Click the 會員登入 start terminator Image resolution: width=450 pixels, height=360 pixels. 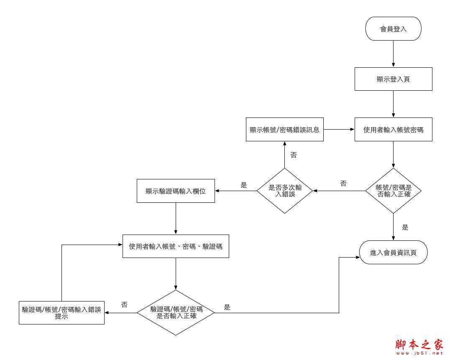[393, 29]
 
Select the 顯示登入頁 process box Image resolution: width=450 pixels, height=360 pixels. [393, 79]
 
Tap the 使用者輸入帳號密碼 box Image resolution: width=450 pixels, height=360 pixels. [393, 130]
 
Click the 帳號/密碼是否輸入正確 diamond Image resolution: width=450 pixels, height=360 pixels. [393, 191]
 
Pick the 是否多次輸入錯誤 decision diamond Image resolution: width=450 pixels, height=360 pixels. [285, 191]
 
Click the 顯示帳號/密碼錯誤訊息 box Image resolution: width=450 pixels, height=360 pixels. [284, 130]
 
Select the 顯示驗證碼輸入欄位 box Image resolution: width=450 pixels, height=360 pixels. [176, 191]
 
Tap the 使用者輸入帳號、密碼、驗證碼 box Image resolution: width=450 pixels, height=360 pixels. [176, 246]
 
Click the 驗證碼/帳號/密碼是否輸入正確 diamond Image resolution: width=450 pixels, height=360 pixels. [176, 312]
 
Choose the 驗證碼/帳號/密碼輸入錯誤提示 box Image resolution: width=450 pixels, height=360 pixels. [61, 313]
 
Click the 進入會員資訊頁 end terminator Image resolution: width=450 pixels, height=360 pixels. [393, 253]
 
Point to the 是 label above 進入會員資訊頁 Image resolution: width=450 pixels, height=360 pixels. [405, 227]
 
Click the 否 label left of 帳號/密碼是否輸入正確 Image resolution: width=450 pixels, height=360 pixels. [343, 184]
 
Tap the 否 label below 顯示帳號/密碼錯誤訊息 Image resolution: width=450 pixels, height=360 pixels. [294, 155]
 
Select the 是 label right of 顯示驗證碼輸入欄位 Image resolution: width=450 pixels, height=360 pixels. [244, 185]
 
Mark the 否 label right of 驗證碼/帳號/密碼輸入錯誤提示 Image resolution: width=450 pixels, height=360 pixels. [124, 305]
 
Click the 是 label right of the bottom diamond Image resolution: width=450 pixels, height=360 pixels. [227, 307]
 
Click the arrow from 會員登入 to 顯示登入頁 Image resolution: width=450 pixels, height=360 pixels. [393, 54]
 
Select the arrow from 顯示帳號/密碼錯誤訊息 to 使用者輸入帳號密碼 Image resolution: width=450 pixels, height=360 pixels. [339, 130]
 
